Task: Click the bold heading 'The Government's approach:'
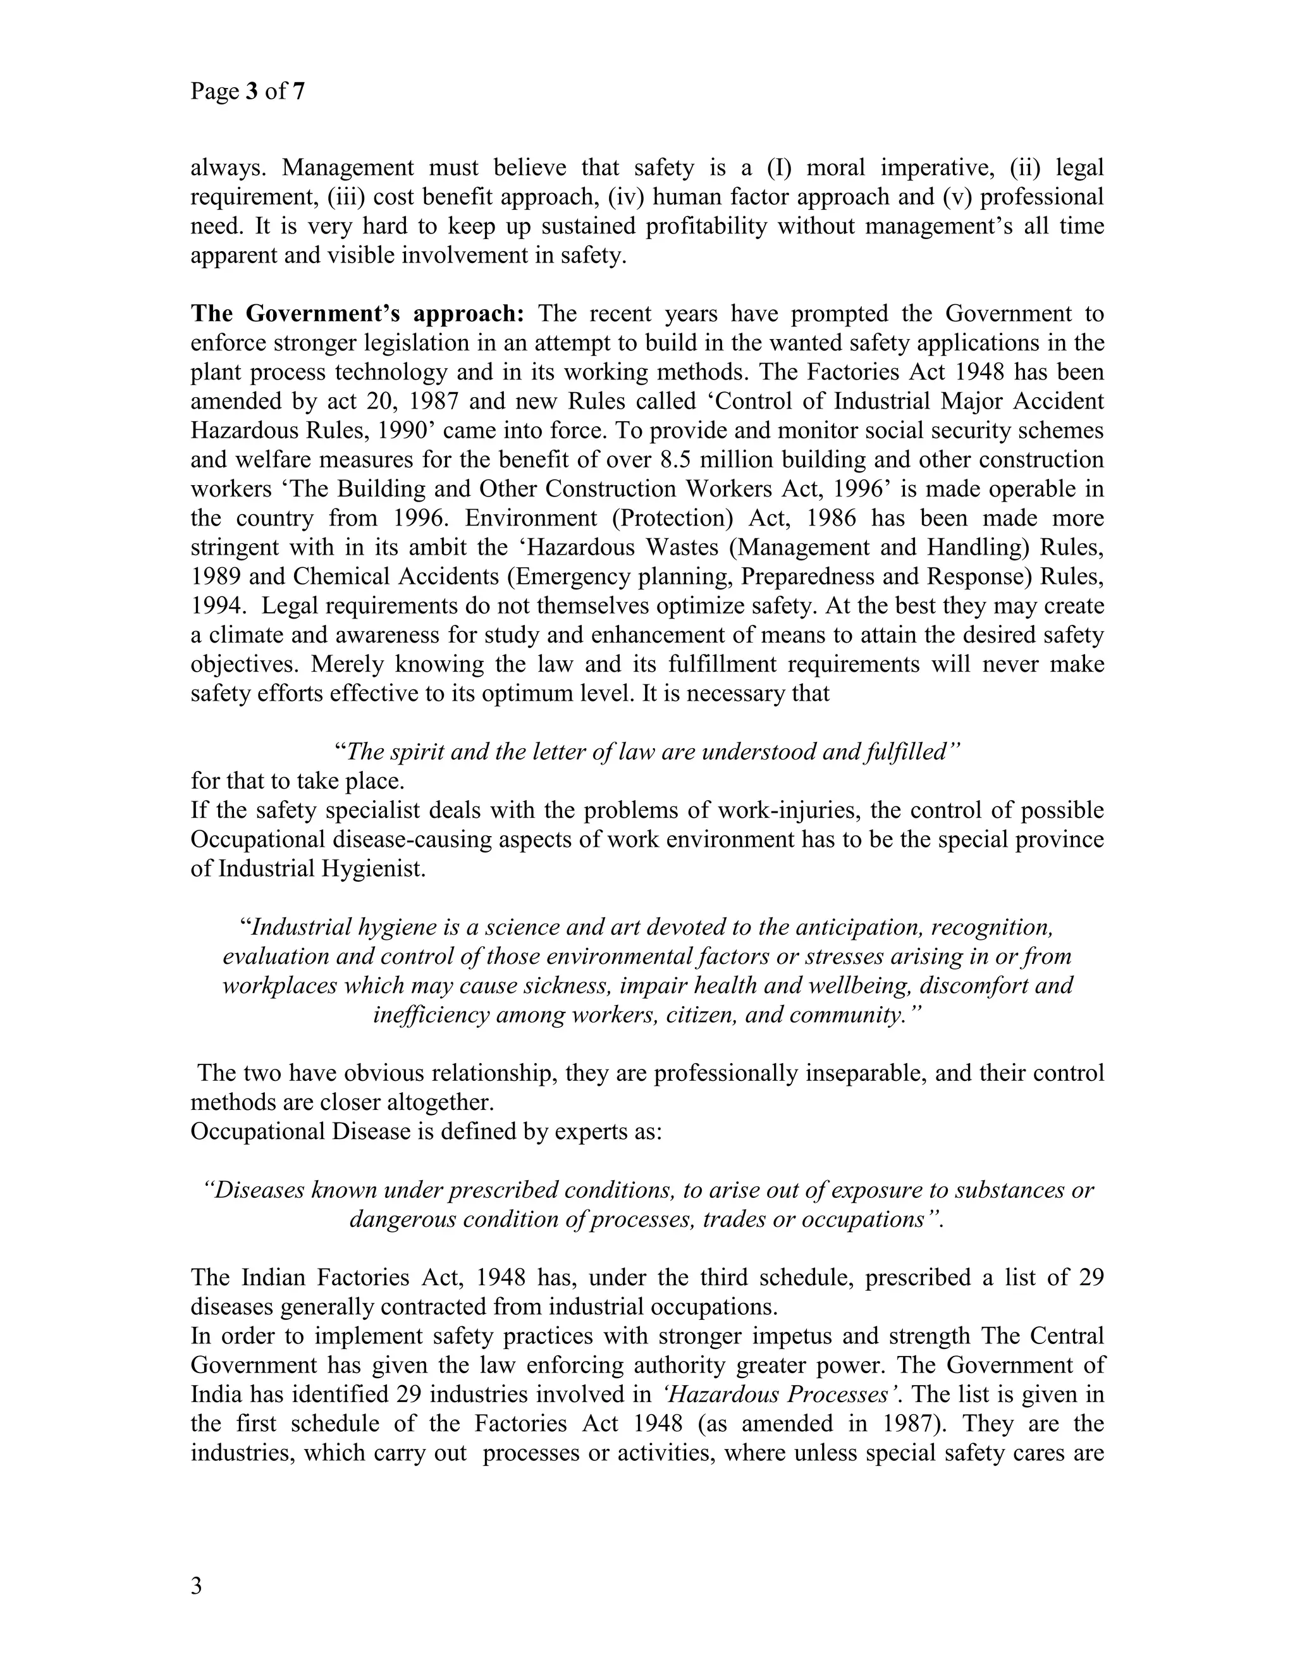coord(357,314)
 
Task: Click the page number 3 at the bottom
coord(197,1586)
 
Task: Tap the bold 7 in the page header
coord(298,92)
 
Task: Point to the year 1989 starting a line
coord(216,576)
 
